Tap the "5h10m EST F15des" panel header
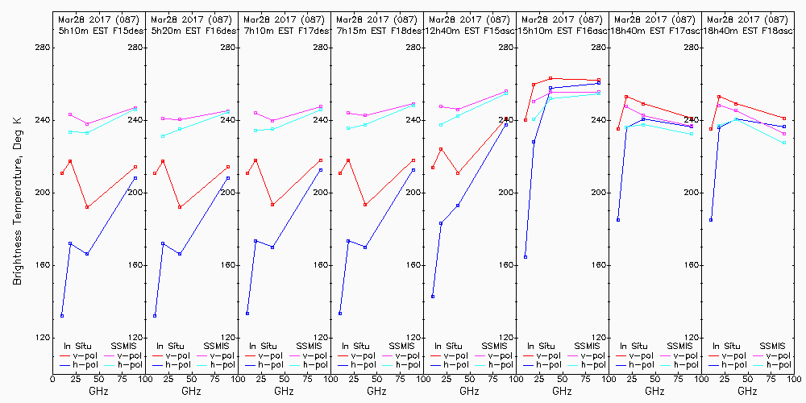(98, 30)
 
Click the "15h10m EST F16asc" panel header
(562, 30)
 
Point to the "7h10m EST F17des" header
(283, 30)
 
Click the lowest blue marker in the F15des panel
(62, 315)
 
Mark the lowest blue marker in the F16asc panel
(526, 257)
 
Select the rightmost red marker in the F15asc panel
(506, 118)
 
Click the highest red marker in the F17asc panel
(626, 97)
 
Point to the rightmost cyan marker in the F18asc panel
(784, 143)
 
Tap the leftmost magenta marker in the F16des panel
(163, 118)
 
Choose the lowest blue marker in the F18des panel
(340, 314)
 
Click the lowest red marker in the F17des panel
(272, 205)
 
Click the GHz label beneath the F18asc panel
(747, 391)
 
